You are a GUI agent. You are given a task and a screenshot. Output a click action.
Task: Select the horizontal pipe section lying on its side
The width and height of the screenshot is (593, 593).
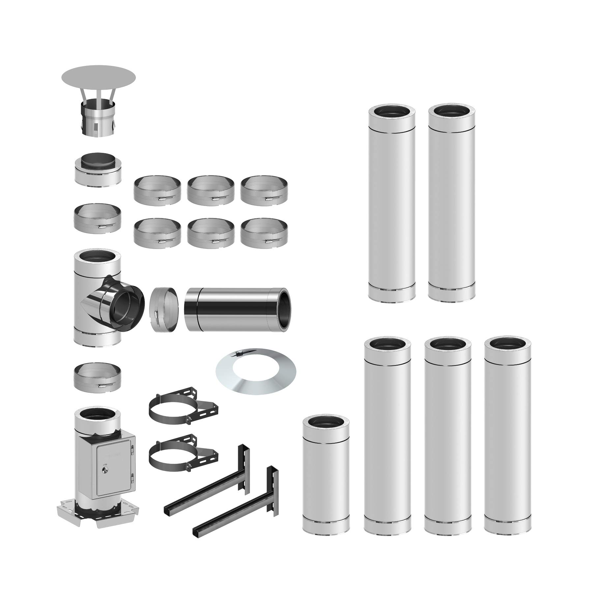237,309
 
